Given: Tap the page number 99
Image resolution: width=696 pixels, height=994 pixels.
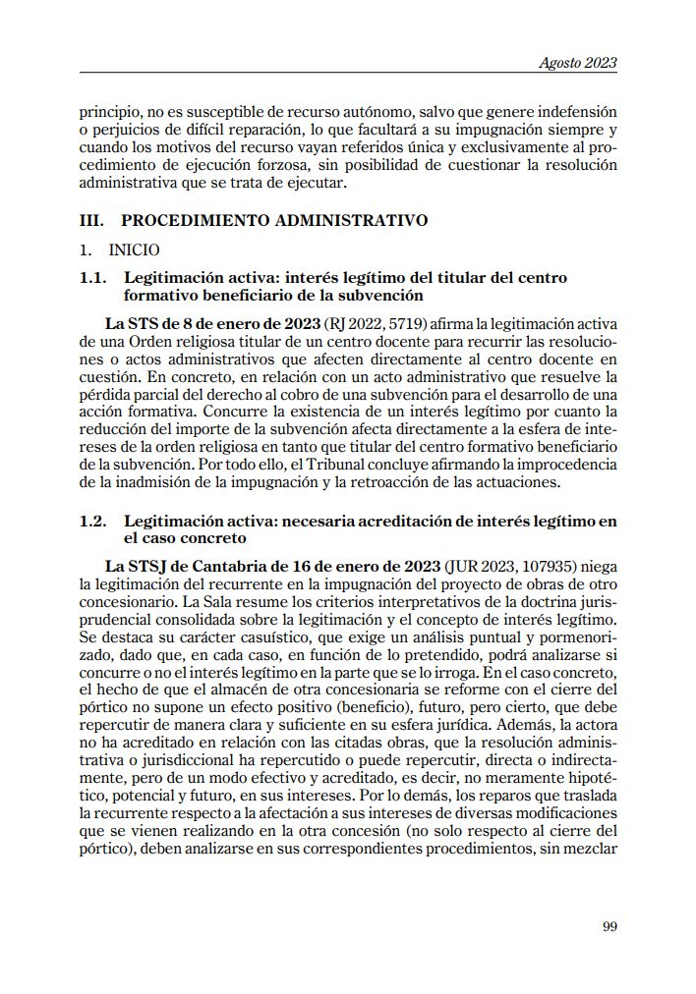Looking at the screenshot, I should [x=609, y=923].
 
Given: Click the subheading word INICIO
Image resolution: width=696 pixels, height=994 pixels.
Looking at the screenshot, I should [x=134, y=250].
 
